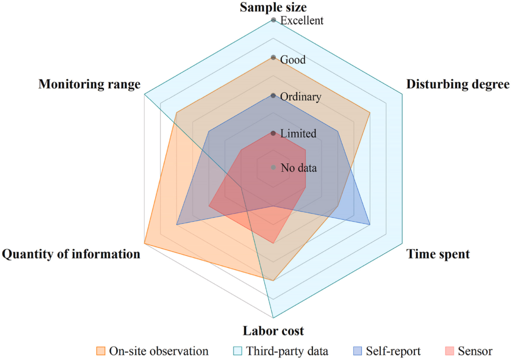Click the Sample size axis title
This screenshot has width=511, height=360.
pyautogui.click(x=273, y=7)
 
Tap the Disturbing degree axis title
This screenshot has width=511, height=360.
pyautogui.click(x=458, y=84)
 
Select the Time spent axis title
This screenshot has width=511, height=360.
pyautogui.click(x=438, y=254)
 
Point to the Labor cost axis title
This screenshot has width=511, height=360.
pyautogui.click(x=273, y=331)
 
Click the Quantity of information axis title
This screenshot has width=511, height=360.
pyautogui.click(x=71, y=254)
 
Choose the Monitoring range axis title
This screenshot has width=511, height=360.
pyautogui.click(x=89, y=84)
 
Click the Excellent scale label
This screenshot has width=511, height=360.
pyautogui.click(x=302, y=20)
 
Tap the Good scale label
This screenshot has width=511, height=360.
pyautogui.click(x=293, y=60)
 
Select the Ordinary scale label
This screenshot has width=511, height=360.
pyautogui.click(x=301, y=97)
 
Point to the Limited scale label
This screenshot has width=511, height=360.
pyautogui.click(x=298, y=133)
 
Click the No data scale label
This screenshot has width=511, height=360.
pyautogui.click(x=298, y=168)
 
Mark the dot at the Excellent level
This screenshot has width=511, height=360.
pyautogui.click(x=273, y=20)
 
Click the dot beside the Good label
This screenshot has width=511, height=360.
pyautogui.click(x=273, y=58)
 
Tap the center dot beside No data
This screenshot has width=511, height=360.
pyautogui.click(x=273, y=168)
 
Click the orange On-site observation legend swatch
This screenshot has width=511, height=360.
pyautogui.click(x=101, y=351)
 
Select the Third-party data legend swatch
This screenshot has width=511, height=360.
pyautogui.click(x=238, y=351)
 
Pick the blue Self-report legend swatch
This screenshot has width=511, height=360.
pyautogui.click(x=357, y=351)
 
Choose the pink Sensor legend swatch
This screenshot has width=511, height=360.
pyautogui.click(x=450, y=351)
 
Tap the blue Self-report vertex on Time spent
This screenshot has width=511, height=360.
pyautogui.click(x=370, y=225)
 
